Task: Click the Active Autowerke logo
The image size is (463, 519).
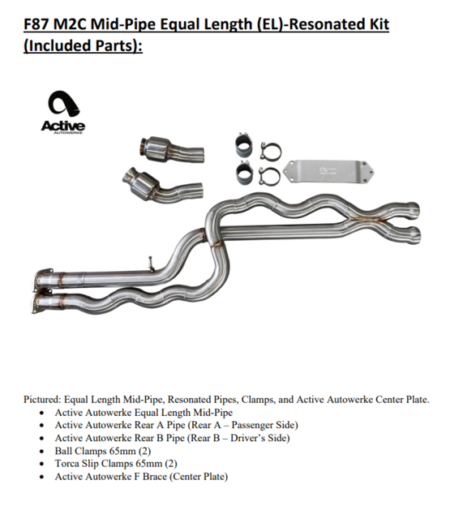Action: [x=63, y=113]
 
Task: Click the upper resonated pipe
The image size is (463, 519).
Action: [x=171, y=151]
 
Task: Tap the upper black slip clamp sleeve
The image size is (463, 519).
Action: [x=244, y=145]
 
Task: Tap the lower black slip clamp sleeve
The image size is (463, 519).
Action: [x=245, y=173]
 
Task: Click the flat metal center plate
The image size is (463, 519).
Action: [x=328, y=171]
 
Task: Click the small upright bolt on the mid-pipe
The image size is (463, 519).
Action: [x=151, y=264]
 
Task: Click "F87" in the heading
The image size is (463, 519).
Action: [x=36, y=24]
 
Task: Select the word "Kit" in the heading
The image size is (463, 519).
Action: [x=379, y=24]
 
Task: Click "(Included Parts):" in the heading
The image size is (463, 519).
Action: [x=83, y=45]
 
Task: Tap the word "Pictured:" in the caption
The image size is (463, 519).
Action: [x=42, y=400]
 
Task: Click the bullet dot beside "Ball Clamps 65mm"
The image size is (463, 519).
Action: [x=41, y=452]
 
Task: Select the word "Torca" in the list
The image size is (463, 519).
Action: [x=66, y=463]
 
